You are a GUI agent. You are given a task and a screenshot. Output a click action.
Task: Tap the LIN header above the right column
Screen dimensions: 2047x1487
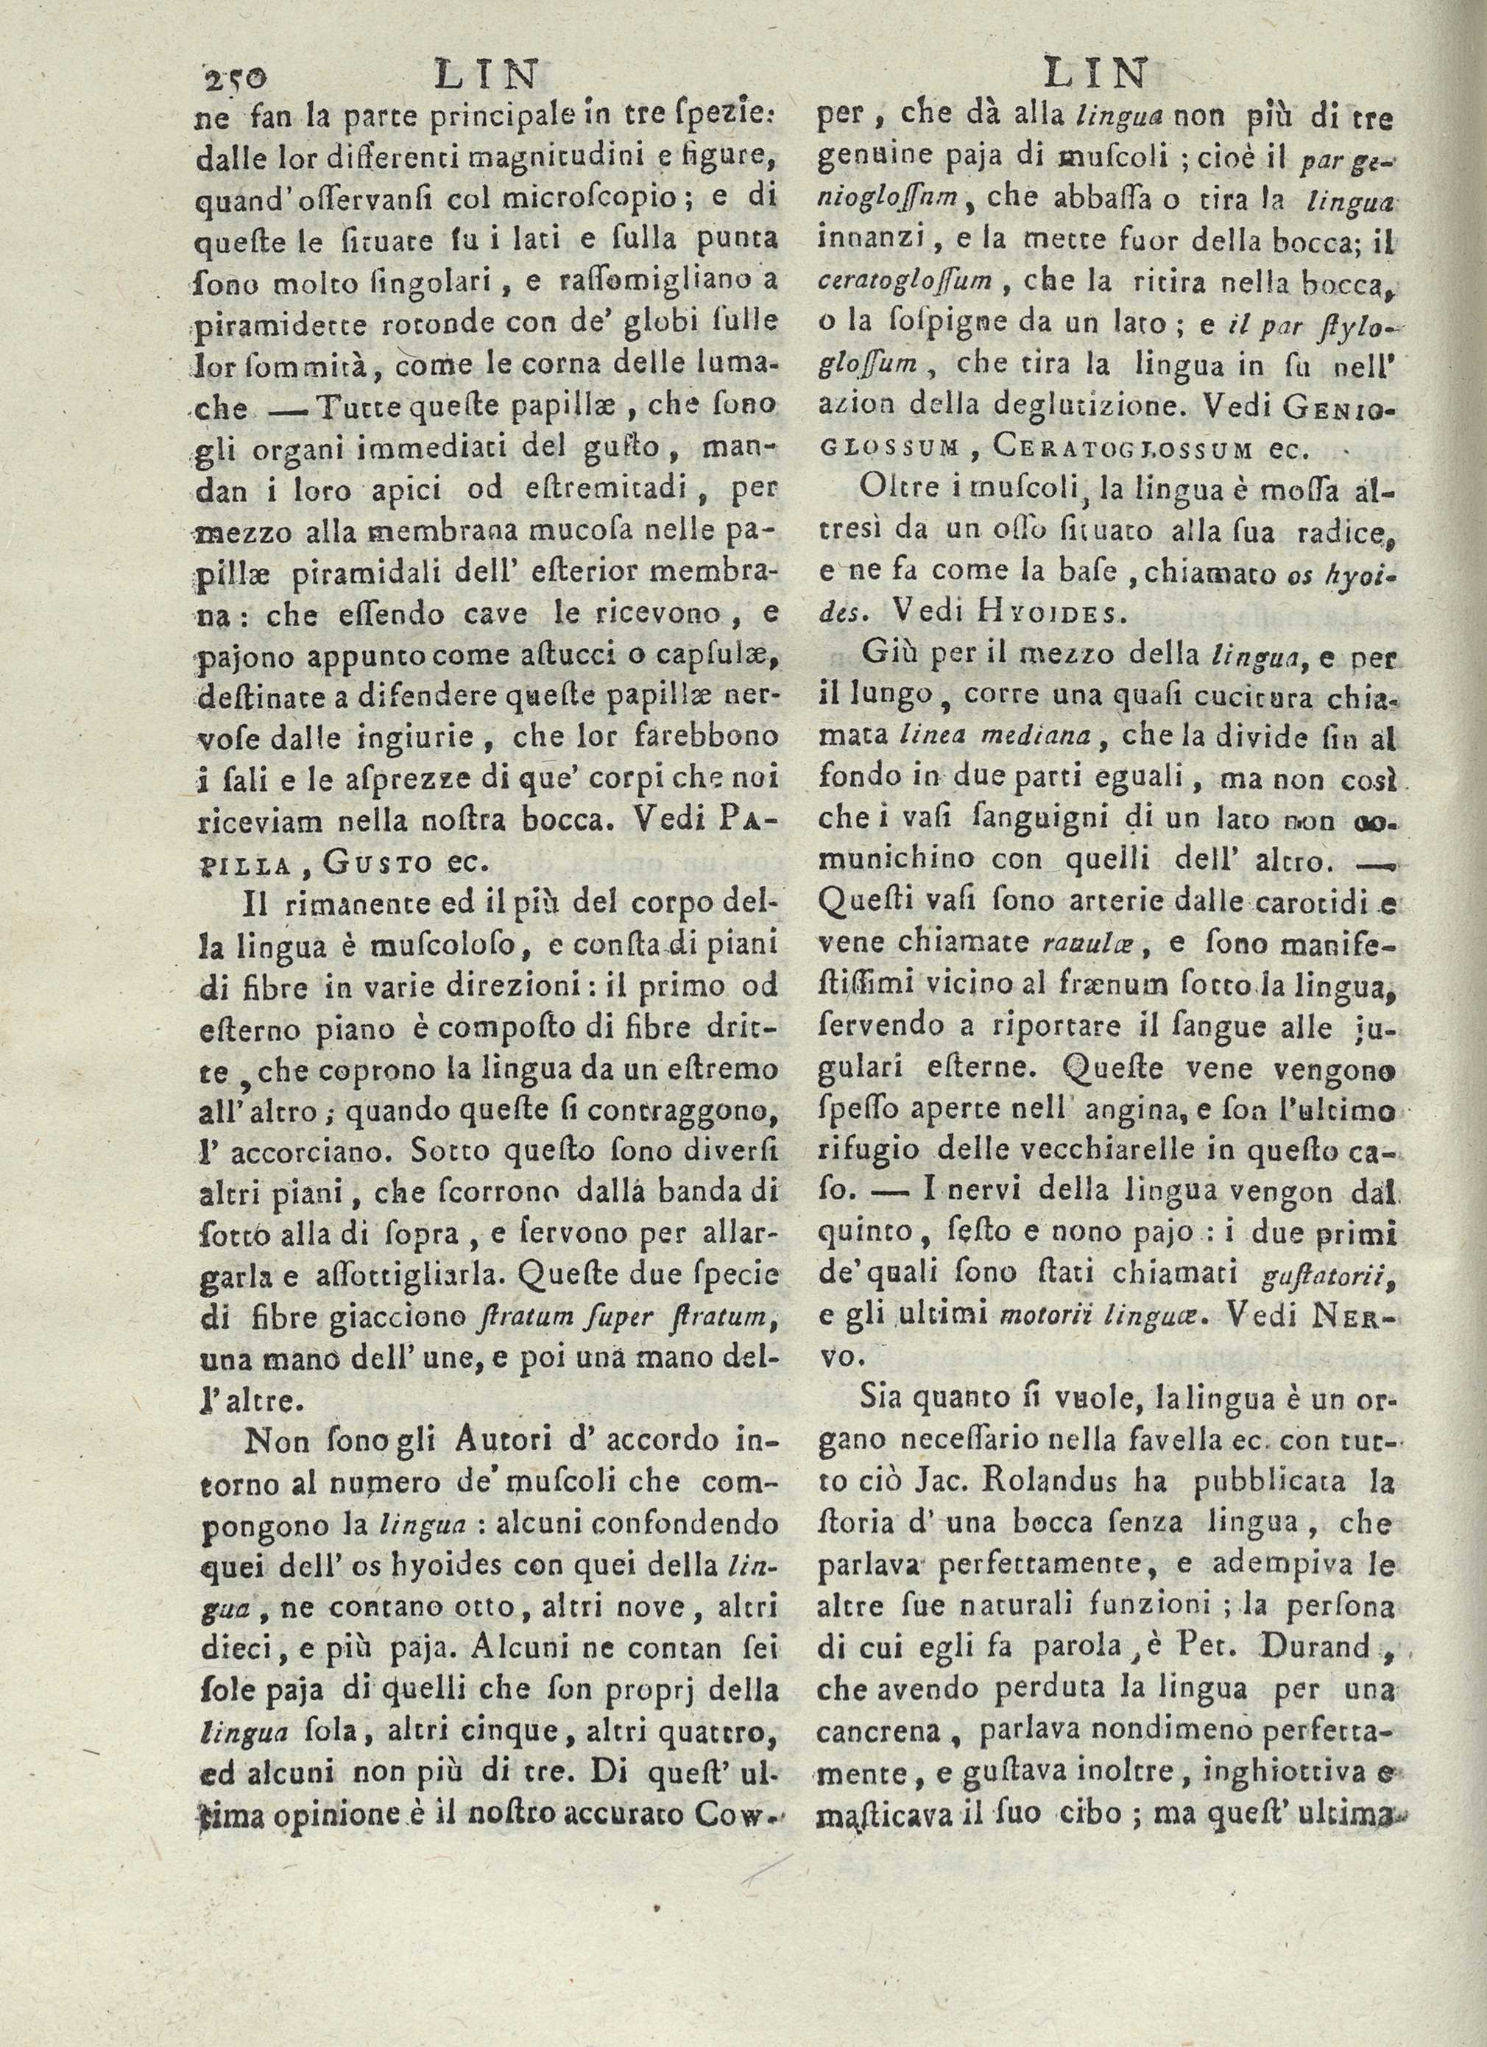point(1095,73)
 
